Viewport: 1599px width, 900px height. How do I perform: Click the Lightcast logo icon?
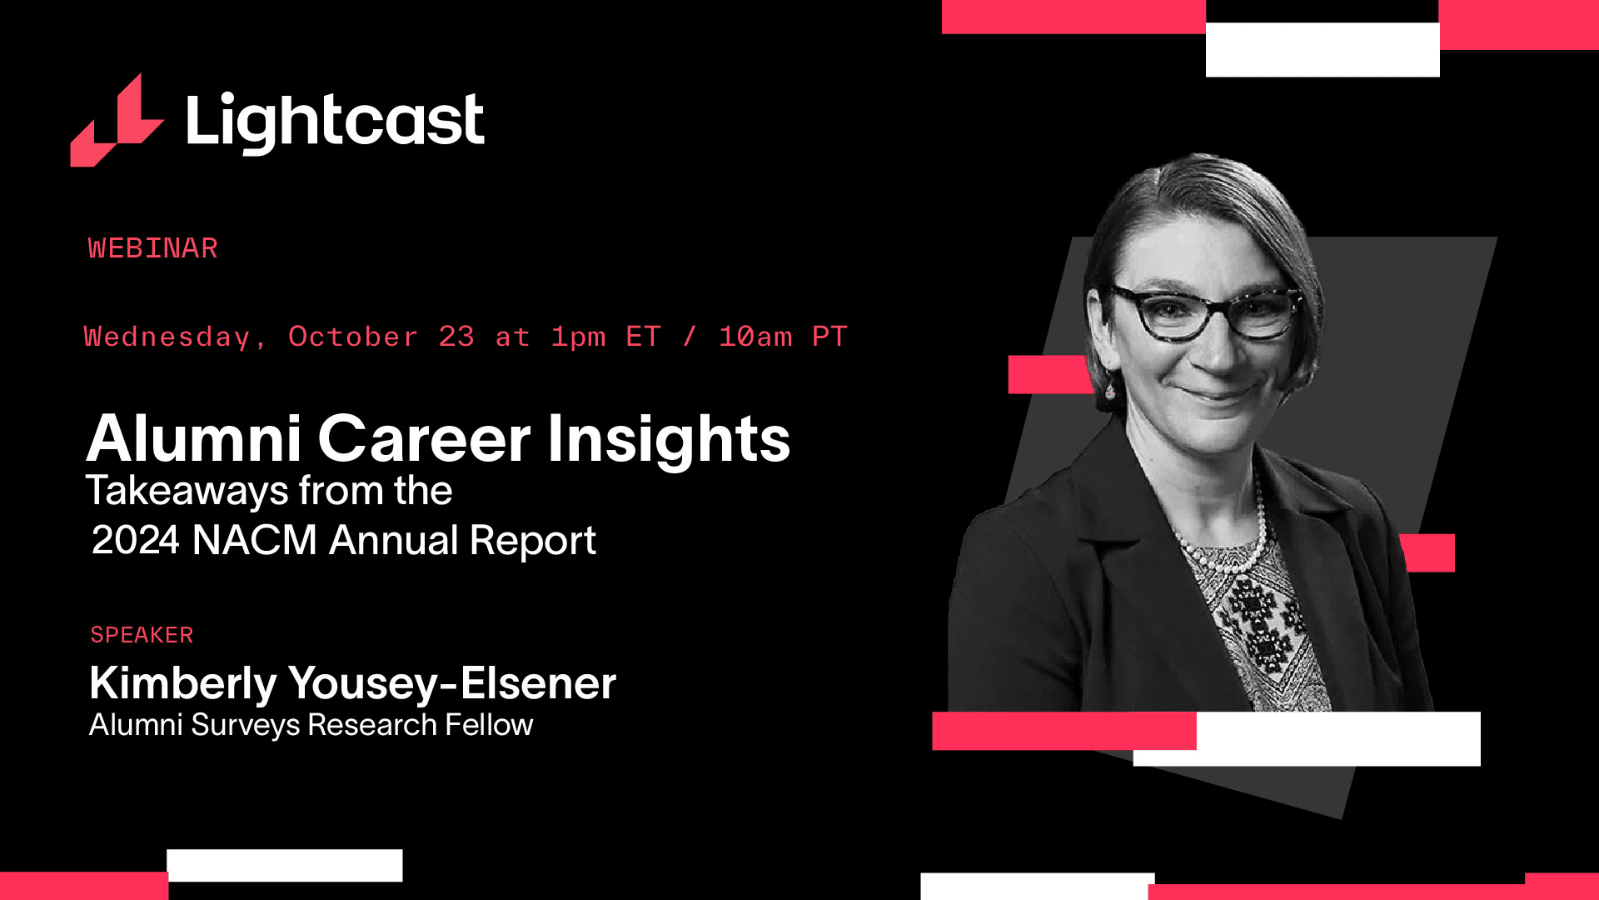(117, 123)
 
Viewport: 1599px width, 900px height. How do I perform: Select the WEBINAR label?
(152, 248)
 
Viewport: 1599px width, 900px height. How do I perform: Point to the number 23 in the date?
(456, 337)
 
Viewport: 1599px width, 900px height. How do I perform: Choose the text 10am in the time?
(755, 337)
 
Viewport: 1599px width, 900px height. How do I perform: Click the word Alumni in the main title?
(193, 438)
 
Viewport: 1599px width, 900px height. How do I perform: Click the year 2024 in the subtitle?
(136, 541)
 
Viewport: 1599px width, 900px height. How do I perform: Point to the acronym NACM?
(255, 541)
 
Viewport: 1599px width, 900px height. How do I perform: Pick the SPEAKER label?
(142, 635)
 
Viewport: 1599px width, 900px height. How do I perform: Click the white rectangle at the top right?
(1323, 50)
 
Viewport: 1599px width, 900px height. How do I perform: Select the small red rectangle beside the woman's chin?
(1050, 375)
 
